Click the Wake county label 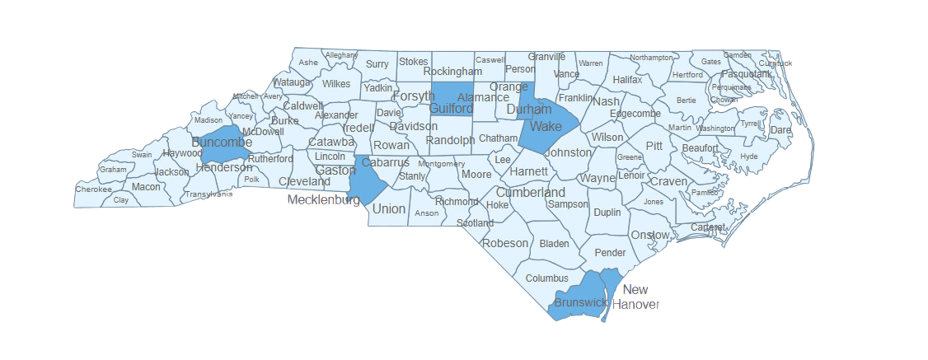pyautogui.click(x=546, y=126)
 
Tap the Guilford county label pyautogui.click(x=451, y=109)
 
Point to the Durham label pyautogui.click(x=529, y=109)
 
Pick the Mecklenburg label pyautogui.click(x=324, y=199)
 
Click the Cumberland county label pyautogui.click(x=530, y=193)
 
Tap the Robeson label pyautogui.click(x=505, y=243)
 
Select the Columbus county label pyautogui.click(x=547, y=278)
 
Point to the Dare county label pyautogui.click(x=780, y=130)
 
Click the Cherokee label pyautogui.click(x=93, y=189)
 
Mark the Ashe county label pyautogui.click(x=308, y=63)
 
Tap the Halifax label pyautogui.click(x=627, y=80)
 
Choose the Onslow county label pyautogui.click(x=649, y=235)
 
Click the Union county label pyautogui.click(x=389, y=208)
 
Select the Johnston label pyautogui.click(x=569, y=152)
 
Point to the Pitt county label pyautogui.click(x=654, y=145)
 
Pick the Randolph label pyautogui.click(x=450, y=140)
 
